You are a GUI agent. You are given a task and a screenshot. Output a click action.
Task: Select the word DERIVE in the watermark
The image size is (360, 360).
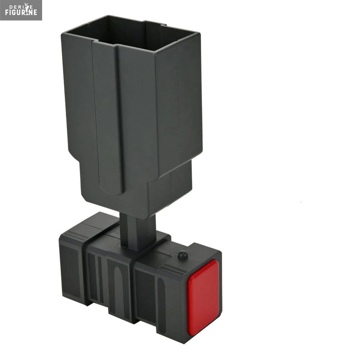[21, 6]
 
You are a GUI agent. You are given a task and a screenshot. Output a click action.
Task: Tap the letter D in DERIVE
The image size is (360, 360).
[10, 6]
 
